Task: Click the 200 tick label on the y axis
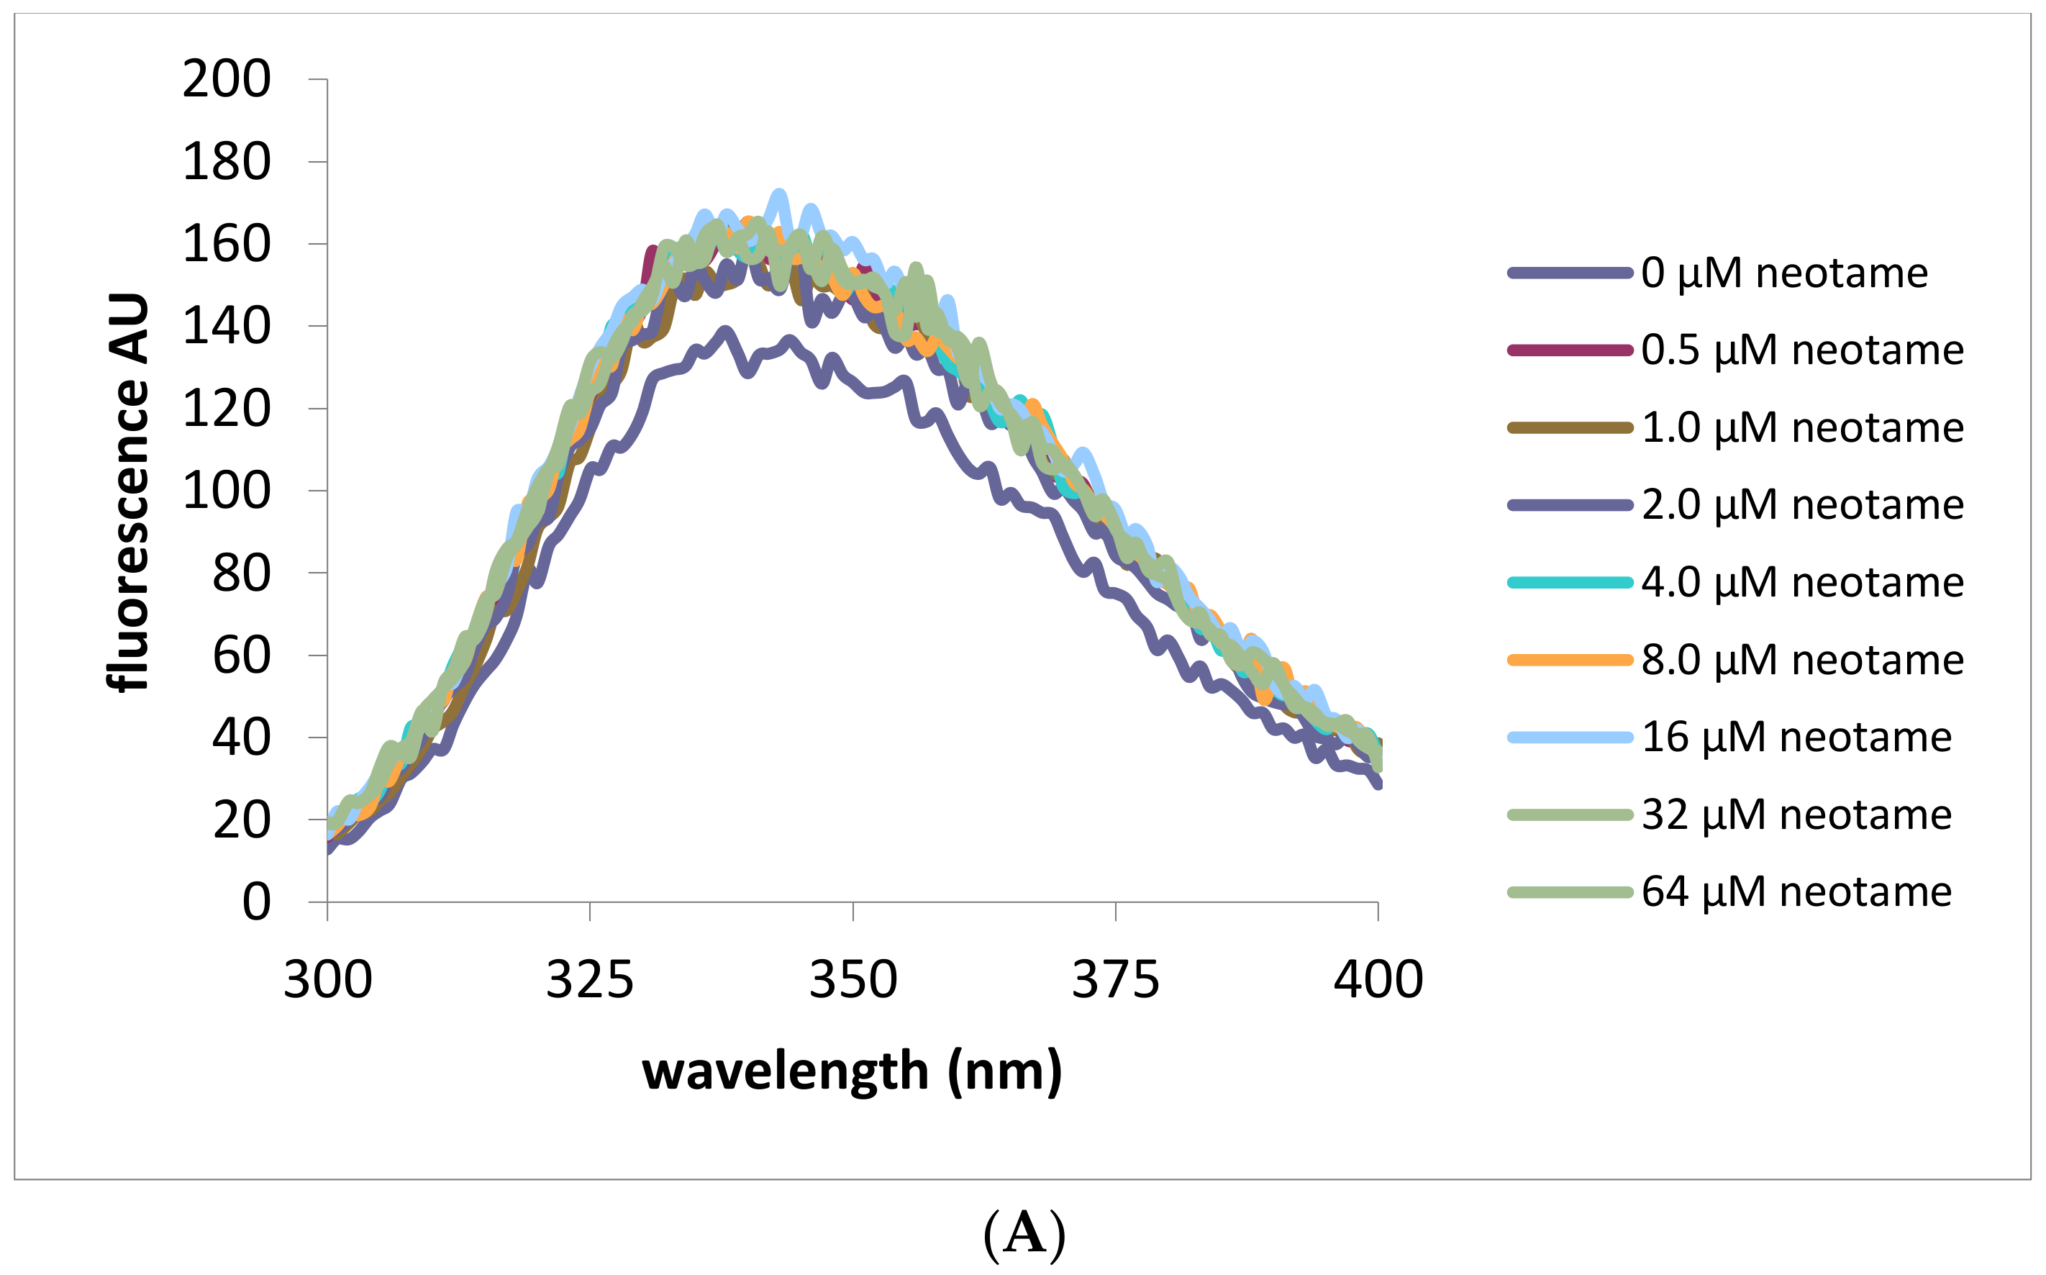[x=226, y=80]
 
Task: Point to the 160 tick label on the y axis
[x=226, y=245]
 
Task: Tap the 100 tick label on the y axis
[x=226, y=491]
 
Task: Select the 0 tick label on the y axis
[x=256, y=902]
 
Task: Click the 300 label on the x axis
[x=327, y=981]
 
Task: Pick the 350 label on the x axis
[x=852, y=981]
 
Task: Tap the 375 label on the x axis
[x=1115, y=981]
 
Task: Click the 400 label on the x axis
[x=1378, y=981]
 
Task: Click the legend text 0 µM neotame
[x=1784, y=273]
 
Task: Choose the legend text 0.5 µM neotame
[x=1802, y=350]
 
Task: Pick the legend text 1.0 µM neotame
[x=1802, y=427]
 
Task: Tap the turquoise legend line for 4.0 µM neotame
[x=1570, y=583]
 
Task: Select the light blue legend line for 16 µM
[x=1570, y=738]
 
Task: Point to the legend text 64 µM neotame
[x=1796, y=892]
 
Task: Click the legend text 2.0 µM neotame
[x=1802, y=505]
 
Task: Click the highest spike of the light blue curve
[x=779, y=195]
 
